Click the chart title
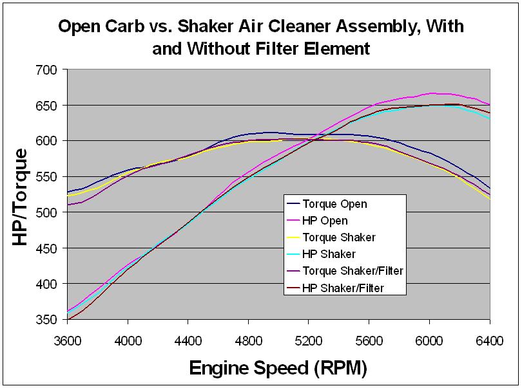pos(261,37)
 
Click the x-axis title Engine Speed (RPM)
pos(278,368)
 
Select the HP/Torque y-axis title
pos(21,196)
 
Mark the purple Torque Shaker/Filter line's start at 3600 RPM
pos(68,205)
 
